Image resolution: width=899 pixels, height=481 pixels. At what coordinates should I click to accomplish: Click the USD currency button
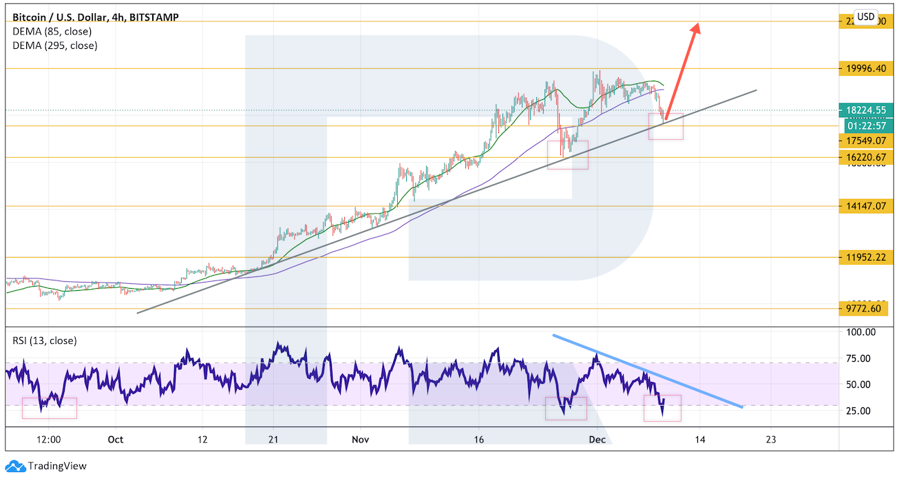click(x=866, y=17)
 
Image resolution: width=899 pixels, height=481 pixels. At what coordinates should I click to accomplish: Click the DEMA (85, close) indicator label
click(x=52, y=31)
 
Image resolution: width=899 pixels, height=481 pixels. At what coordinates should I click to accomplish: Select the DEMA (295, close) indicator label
click(x=54, y=45)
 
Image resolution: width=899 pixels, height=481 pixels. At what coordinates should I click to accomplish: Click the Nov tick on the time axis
click(x=361, y=439)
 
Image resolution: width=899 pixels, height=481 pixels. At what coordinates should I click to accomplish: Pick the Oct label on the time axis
click(x=115, y=439)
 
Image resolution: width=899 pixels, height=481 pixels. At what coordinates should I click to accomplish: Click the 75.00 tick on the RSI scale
click(x=859, y=358)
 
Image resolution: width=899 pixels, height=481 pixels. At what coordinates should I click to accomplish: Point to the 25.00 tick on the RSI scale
click(x=859, y=411)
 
